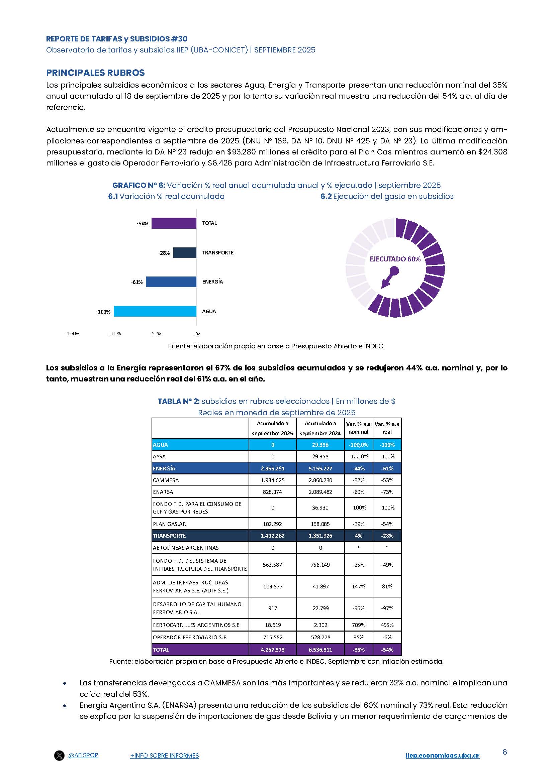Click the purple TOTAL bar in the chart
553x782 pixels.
[x=174, y=223]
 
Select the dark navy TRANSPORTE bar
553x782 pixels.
[x=185, y=253]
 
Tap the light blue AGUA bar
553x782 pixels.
[x=155, y=311]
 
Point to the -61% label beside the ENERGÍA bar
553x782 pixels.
[x=137, y=282]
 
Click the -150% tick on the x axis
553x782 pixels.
[x=73, y=333]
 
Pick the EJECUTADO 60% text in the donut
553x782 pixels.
[x=395, y=259]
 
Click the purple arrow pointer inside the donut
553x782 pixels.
[x=389, y=277]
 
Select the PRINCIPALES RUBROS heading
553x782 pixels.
[x=95, y=73]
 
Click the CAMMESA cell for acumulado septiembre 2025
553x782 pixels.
[x=273, y=480]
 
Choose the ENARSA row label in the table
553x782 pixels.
[x=163, y=492]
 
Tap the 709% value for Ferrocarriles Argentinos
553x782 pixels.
[x=358, y=625]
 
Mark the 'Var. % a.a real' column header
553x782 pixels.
[x=387, y=428]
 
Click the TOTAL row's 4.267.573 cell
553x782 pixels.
[x=273, y=650]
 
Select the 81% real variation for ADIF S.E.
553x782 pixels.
[x=387, y=586]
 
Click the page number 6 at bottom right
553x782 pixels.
[x=504, y=752]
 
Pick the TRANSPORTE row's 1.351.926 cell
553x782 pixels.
[x=320, y=536]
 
